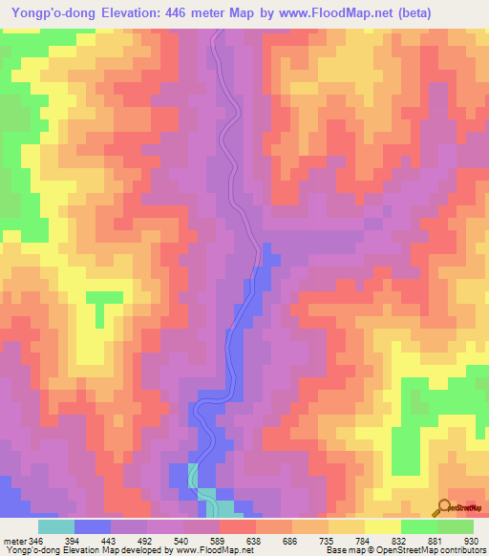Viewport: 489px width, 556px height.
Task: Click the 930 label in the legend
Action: (x=471, y=540)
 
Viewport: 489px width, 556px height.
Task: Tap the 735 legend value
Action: (x=328, y=540)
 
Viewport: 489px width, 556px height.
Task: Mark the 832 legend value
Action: (x=400, y=540)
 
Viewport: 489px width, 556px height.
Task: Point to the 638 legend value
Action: (x=255, y=540)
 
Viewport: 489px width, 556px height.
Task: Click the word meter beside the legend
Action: (x=15, y=540)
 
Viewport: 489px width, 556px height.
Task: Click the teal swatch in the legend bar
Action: (x=55, y=526)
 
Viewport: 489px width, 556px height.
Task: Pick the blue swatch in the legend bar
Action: (x=92, y=526)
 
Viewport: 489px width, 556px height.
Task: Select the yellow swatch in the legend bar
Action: (x=382, y=526)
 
